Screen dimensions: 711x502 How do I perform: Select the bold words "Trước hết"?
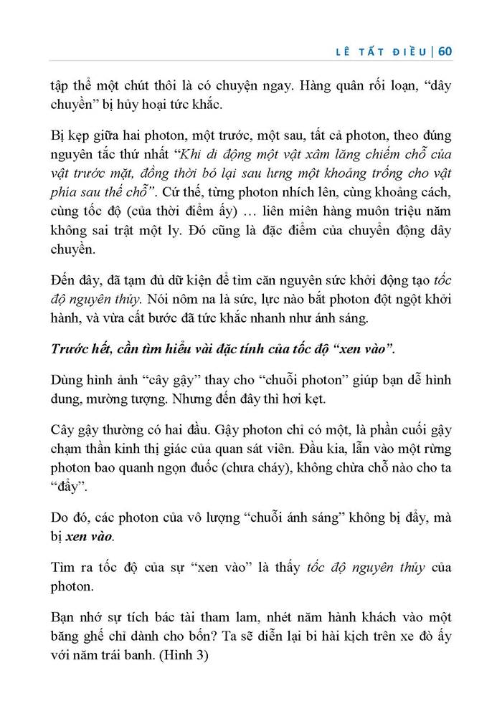[81, 350]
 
